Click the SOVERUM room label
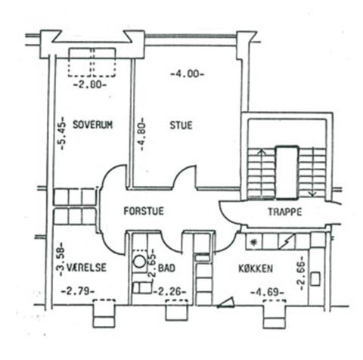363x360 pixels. click(92, 125)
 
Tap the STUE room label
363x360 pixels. click(181, 125)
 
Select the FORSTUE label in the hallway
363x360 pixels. click(144, 211)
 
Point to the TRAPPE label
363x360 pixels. click(285, 212)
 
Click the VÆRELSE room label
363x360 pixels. click(86, 268)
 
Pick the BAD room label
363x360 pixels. click(166, 268)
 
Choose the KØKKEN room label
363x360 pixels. click(256, 268)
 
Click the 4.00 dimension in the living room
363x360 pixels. click(187, 74)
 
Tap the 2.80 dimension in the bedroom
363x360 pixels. click(90, 85)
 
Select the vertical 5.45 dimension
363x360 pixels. click(61, 133)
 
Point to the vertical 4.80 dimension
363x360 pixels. click(141, 134)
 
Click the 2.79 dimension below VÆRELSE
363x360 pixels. click(78, 291)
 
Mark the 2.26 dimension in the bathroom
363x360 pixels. click(170, 292)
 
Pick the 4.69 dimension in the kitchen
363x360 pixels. click(268, 293)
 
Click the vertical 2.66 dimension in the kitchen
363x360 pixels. click(301, 273)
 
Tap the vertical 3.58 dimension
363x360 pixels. click(60, 259)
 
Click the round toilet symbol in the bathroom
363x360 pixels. click(139, 262)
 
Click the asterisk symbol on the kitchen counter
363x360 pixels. click(253, 242)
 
